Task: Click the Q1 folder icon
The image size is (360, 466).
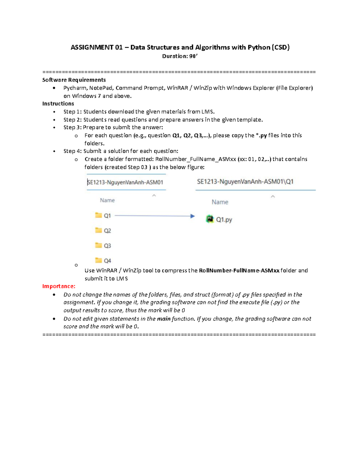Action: (98, 215)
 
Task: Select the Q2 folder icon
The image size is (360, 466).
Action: (98, 230)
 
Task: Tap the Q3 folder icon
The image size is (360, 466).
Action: (98, 245)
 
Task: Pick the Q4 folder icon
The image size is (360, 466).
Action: (98, 260)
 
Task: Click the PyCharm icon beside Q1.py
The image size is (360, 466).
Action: (210, 219)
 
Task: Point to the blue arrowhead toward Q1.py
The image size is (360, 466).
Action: (192, 216)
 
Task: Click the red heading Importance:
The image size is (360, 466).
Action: (59, 286)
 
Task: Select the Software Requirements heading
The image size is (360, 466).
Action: (74, 80)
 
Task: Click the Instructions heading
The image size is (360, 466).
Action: (58, 104)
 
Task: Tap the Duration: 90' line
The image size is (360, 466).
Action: (180, 56)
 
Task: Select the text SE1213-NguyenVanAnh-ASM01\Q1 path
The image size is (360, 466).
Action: (245, 182)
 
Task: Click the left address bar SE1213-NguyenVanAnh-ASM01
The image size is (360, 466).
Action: (125, 182)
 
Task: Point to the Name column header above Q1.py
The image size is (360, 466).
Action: (220, 202)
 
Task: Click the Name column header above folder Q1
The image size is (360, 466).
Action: (107, 200)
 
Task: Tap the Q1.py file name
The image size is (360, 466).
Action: (224, 220)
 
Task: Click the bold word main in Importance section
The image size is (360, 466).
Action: (164, 319)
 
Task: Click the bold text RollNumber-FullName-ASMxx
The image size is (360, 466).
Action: (239, 270)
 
